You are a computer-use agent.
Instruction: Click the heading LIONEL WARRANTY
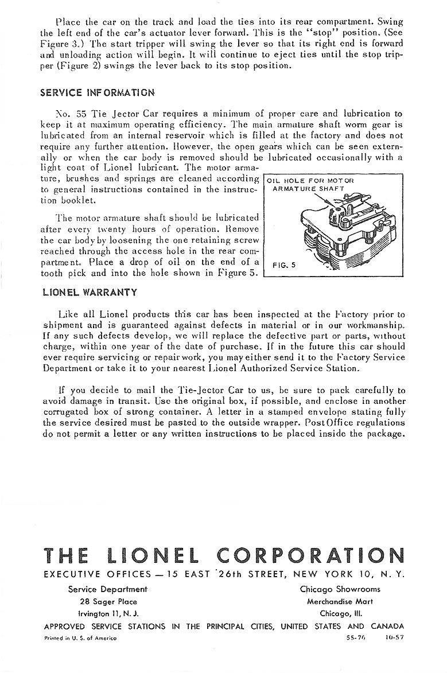click(x=90, y=292)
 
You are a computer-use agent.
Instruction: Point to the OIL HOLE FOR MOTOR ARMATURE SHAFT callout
click(x=308, y=184)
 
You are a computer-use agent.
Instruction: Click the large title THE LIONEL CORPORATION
click(x=224, y=555)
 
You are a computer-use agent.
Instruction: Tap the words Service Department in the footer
click(x=107, y=589)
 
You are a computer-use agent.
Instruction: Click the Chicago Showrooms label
click(x=340, y=589)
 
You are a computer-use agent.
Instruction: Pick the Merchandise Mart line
click(x=340, y=602)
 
